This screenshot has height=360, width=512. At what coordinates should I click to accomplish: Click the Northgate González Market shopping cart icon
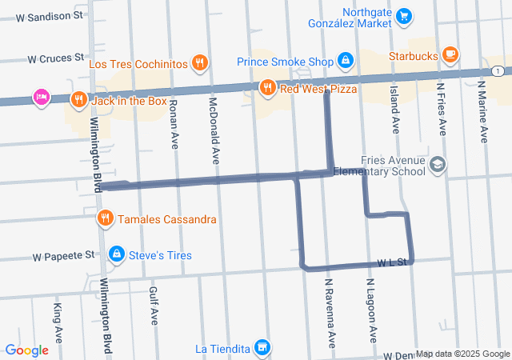tap(404, 15)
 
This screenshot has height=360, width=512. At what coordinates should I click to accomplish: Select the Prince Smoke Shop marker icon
tap(345, 60)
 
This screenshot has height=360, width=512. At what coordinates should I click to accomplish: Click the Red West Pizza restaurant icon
tap(267, 87)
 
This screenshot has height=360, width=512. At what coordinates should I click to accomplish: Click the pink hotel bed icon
tap(40, 98)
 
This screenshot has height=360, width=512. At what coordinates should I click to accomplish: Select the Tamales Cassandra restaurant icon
tap(105, 218)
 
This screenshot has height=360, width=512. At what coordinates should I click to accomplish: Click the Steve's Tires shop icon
tap(116, 254)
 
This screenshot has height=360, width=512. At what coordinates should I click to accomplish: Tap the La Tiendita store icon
tap(261, 347)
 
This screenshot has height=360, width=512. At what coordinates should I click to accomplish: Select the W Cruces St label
tap(56, 58)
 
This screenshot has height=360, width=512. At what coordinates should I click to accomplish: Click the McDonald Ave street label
tap(214, 127)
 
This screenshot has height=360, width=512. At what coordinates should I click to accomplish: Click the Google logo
tap(26, 350)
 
